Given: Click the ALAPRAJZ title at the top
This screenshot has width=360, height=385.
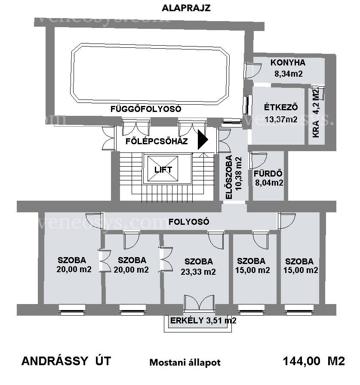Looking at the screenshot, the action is pyautogui.click(x=186, y=8).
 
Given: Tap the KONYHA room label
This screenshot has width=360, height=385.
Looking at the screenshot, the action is pyautogui.click(x=288, y=62).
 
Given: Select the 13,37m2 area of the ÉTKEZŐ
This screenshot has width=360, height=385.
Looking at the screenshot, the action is pyautogui.click(x=281, y=119).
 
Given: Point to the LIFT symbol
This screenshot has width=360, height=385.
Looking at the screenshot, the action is pyautogui.click(x=163, y=169).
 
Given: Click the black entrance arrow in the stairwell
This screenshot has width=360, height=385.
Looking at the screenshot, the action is pyautogui.click(x=203, y=140).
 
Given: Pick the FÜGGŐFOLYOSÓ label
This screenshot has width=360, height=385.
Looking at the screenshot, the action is pyautogui.click(x=146, y=109).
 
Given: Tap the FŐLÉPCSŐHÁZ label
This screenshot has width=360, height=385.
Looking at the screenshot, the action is pyautogui.click(x=157, y=141).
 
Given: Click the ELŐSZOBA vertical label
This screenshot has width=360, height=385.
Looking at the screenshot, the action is pyautogui.click(x=229, y=177).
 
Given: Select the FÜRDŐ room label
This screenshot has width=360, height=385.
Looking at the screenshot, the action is pyautogui.click(x=268, y=174).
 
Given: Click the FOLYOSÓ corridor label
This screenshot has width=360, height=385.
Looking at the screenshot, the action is pyautogui.click(x=189, y=222).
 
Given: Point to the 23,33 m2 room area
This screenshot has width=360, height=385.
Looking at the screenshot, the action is pyautogui.click(x=198, y=272).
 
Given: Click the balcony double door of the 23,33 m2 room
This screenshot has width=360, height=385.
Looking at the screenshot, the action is pyautogui.click(x=199, y=302).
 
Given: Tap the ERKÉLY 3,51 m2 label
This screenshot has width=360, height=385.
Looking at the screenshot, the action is pyautogui.click(x=203, y=320).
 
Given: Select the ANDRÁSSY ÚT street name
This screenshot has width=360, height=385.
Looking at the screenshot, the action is pyautogui.click(x=66, y=361).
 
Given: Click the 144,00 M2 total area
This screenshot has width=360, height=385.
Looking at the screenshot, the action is pyautogui.click(x=314, y=361).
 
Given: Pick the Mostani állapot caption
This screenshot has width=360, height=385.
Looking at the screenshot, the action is pyautogui.click(x=185, y=363).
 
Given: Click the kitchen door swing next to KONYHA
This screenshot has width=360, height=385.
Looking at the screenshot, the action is pyautogui.click(x=253, y=71).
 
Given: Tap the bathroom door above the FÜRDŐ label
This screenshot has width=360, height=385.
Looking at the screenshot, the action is pyautogui.click(x=258, y=161).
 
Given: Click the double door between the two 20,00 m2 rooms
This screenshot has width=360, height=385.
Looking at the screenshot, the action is pyautogui.click(x=105, y=261).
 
